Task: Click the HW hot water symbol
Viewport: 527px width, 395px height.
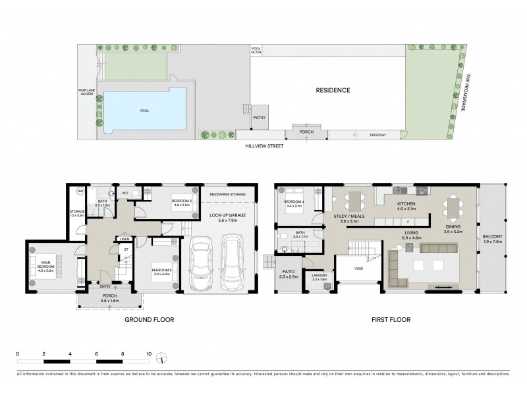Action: coord(80,192)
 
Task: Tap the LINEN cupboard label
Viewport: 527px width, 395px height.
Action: coord(123,239)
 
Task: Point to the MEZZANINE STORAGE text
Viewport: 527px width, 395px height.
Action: coord(229,195)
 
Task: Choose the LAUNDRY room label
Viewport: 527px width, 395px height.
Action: coord(319,279)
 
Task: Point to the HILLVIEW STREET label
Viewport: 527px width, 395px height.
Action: coord(261,145)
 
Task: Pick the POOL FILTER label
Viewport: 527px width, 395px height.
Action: coord(256,50)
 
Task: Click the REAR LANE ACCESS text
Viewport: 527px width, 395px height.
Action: coord(87,94)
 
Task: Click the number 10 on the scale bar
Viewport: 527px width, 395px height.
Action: coord(150,354)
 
